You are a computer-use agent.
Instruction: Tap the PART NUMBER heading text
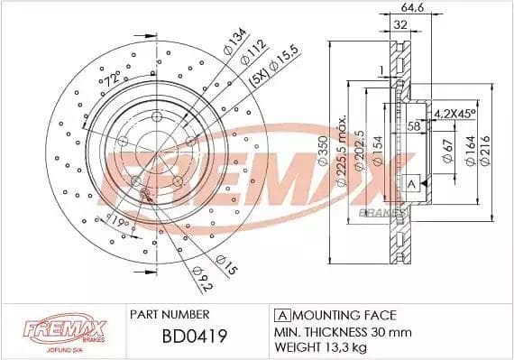point(170,315)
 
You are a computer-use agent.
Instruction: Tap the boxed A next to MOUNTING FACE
point(281,315)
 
